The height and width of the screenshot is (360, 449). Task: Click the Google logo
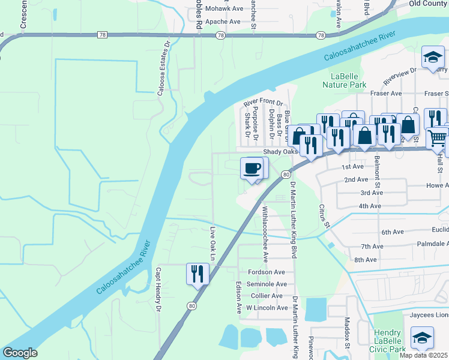pyautogui.click(x=20, y=353)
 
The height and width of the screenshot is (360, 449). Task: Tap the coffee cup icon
pyautogui.click(x=253, y=167)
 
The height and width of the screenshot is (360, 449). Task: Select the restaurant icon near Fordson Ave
pyautogui.click(x=196, y=274)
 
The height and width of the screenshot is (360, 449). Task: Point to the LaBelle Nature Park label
pyautogui.click(x=357, y=81)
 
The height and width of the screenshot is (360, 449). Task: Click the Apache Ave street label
pyautogui.click(x=223, y=22)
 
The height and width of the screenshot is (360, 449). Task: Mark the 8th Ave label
pyautogui.click(x=365, y=260)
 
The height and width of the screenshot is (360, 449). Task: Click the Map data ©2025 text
pyautogui.click(x=424, y=355)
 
